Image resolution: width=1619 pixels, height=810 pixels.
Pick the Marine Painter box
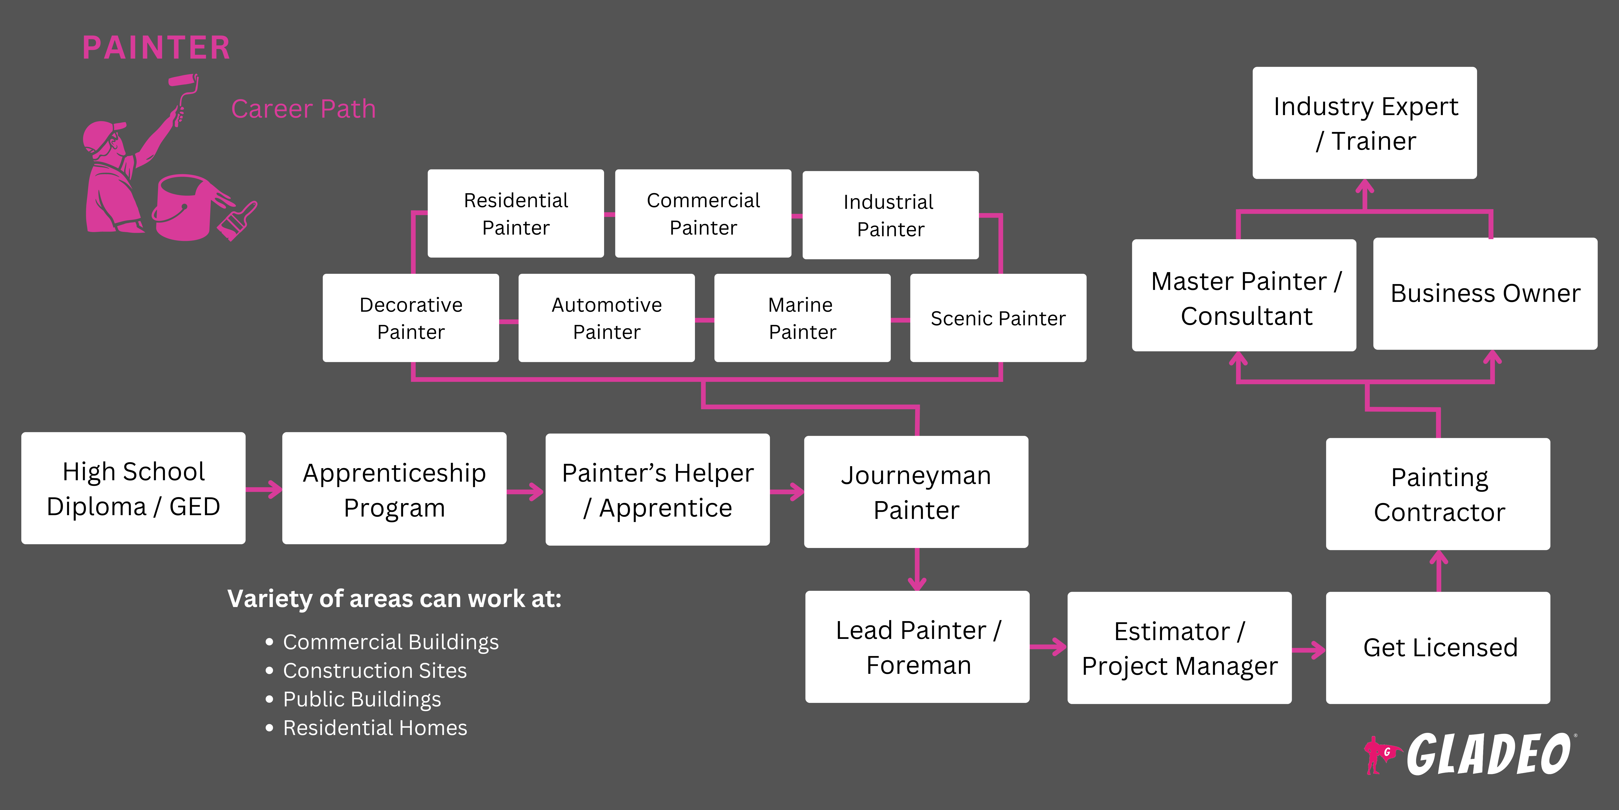point(802,318)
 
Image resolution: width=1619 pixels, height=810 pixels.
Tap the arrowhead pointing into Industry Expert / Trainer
point(1364,187)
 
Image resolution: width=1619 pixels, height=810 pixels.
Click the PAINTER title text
point(156,48)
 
